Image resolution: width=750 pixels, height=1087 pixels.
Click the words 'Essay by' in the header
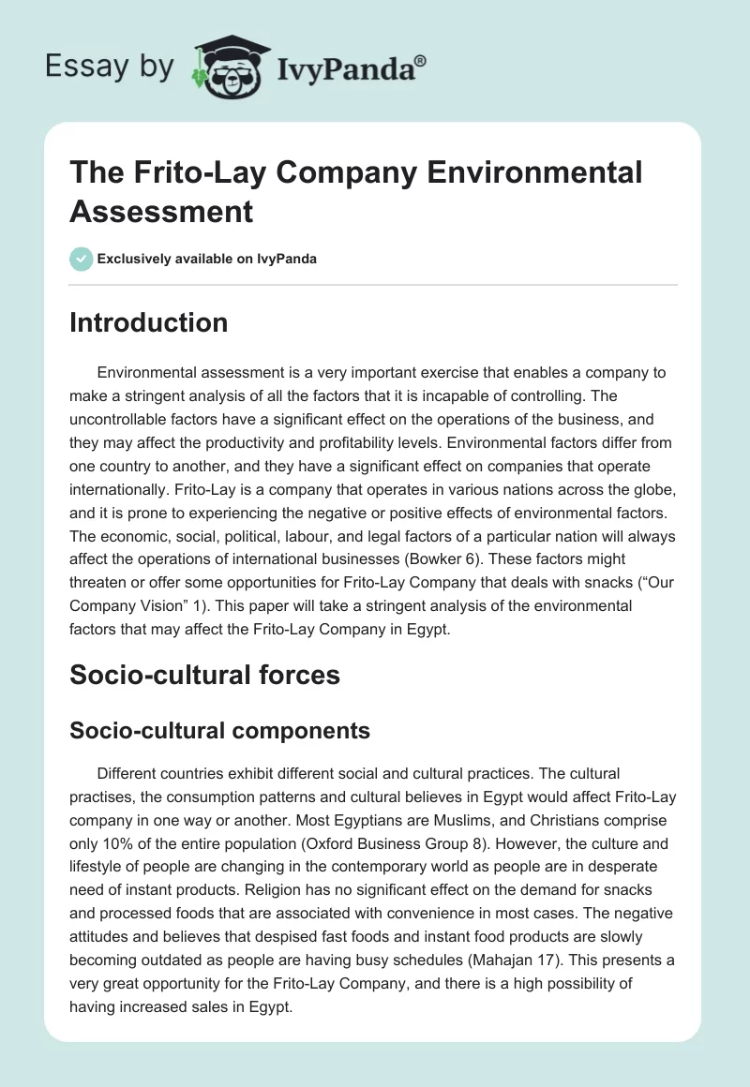(x=110, y=67)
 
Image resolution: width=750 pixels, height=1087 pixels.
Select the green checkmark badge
(x=82, y=259)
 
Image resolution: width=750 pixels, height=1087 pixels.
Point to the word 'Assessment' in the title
(x=162, y=211)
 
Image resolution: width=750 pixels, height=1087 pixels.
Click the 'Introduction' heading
(x=148, y=322)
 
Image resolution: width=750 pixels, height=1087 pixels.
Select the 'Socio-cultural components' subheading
(x=219, y=731)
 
